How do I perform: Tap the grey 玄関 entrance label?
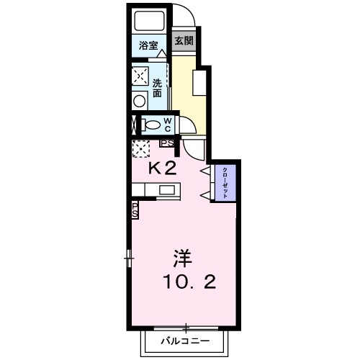184,41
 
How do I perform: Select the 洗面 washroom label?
158,88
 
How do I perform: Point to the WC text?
167,125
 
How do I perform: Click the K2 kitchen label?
162,169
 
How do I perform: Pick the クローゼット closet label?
225,182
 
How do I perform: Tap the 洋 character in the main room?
181,257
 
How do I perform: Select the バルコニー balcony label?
185,339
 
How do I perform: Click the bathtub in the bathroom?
150,22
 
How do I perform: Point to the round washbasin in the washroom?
140,101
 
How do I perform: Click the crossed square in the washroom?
140,76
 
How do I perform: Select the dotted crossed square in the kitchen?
140,148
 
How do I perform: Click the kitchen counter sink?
166,191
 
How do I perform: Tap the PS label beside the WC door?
166,143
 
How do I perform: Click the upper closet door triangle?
205,171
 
